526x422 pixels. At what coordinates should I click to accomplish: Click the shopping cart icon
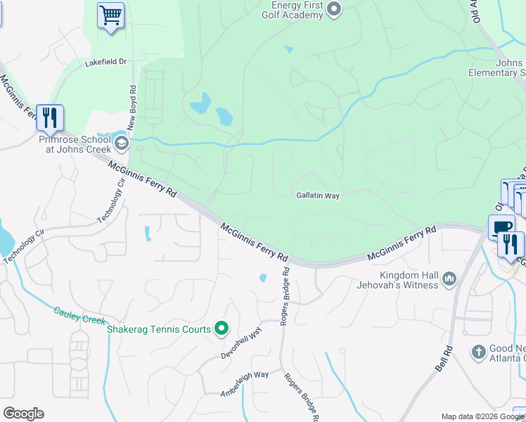tap(110, 15)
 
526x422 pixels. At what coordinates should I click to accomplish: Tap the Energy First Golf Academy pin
tap(335, 10)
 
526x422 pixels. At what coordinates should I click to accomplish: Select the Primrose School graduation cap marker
tap(121, 144)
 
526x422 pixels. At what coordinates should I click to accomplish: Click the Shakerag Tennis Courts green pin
tap(222, 328)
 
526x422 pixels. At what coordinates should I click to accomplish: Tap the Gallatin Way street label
tap(318, 196)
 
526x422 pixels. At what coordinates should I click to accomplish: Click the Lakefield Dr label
tap(105, 62)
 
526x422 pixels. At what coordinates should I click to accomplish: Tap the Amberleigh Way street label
tap(245, 385)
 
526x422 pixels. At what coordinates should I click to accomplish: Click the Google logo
tap(23, 414)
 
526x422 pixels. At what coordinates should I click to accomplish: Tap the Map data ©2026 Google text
tap(482, 416)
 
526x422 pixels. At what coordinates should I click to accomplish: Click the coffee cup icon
tap(501, 226)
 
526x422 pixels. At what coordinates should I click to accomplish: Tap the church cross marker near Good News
tap(478, 352)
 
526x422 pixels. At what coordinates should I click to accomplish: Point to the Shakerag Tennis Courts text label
tap(158, 329)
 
